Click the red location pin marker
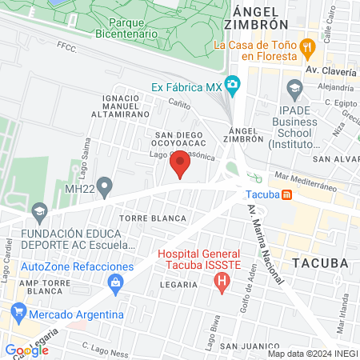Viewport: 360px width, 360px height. click(x=181, y=163)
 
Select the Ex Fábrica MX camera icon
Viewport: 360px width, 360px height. click(x=233, y=84)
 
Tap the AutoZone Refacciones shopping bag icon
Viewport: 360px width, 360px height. click(x=116, y=282)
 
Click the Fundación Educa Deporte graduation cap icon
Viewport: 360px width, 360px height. click(x=38, y=213)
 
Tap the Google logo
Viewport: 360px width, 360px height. click(x=27, y=350)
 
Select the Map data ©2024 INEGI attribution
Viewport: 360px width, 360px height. click(x=312, y=353)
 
